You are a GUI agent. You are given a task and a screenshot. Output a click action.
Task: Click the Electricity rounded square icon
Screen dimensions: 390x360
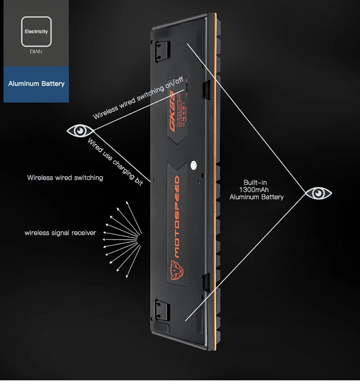tap(36, 32)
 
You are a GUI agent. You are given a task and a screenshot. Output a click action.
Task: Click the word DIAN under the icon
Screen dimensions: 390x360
tap(36, 51)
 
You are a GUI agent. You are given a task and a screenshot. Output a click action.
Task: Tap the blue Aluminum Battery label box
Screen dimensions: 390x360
tap(36, 84)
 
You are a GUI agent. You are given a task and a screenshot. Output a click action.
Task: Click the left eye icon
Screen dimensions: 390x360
tap(80, 131)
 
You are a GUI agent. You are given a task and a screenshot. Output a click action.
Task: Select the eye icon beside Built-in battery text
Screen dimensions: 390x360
tap(318, 193)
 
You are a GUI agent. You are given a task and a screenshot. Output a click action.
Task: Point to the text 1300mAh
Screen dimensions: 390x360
tap(254, 190)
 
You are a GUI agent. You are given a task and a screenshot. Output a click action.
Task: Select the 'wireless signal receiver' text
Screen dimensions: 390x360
tap(60, 233)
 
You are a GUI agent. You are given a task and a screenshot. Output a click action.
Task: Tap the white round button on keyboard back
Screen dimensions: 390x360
tap(193, 165)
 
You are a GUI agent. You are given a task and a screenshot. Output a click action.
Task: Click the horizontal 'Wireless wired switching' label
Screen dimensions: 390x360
tap(65, 178)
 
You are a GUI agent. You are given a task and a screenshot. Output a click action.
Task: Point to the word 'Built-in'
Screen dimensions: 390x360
tap(255, 183)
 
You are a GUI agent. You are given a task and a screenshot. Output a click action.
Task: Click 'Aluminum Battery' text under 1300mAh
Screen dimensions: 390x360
tap(256, 197)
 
